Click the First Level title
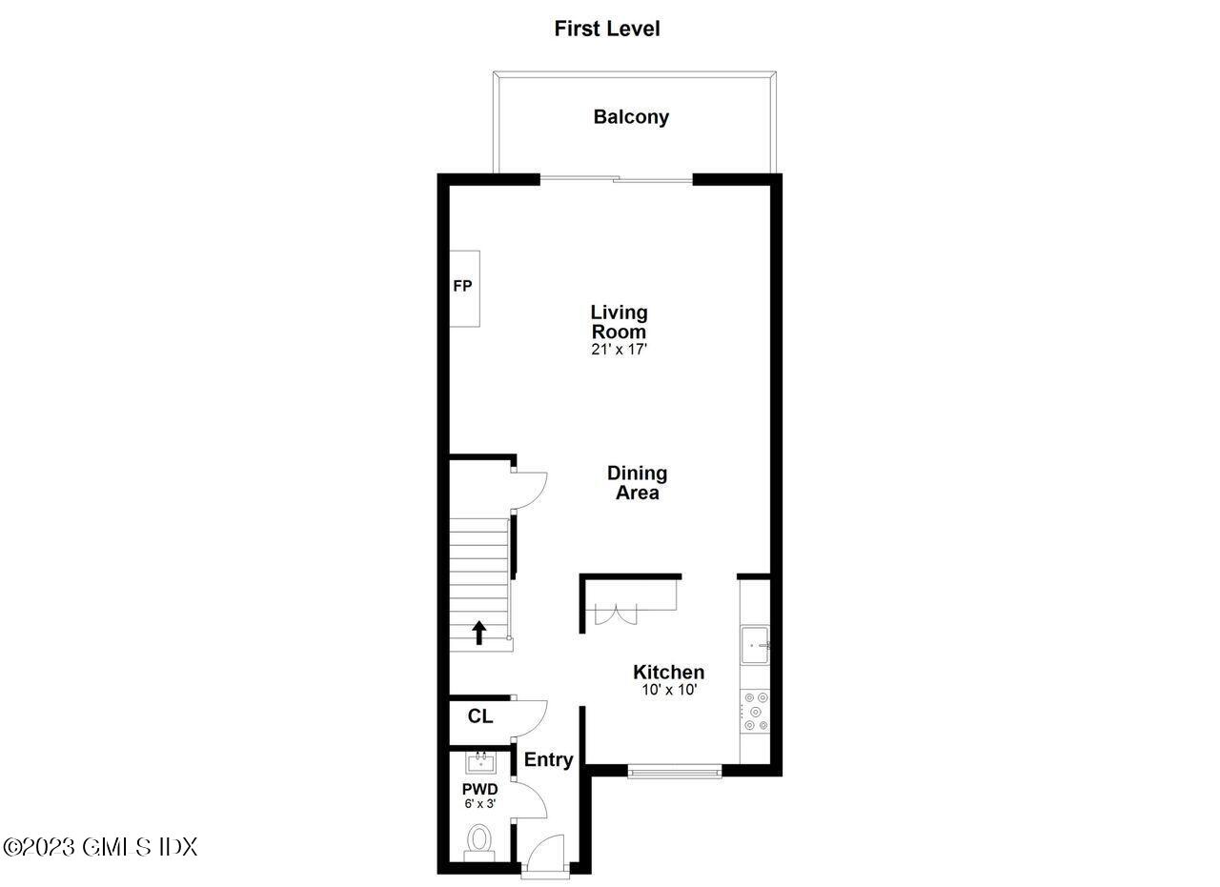(x=606, y=29)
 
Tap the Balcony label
(x=631, y=117)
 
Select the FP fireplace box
(x=464, y=288)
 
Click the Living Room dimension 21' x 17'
(x=619, y=350)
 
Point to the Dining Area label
(x=637, y=482)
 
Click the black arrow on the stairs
(x=479, y=633)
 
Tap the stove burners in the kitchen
(x=754, y=711)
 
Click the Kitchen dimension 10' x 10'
(x=669, y=690)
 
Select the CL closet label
(x=480, y=716)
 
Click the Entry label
(x=548, y=759)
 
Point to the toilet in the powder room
(x=478, y=841)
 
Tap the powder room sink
(x=480, y=762)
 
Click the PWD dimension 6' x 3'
(x=479, y=804)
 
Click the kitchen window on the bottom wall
(x=675, y=770)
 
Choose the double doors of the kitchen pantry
(x=615, y=614)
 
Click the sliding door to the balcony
(x=616, y=179)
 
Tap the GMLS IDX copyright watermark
(x=100, y=846)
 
